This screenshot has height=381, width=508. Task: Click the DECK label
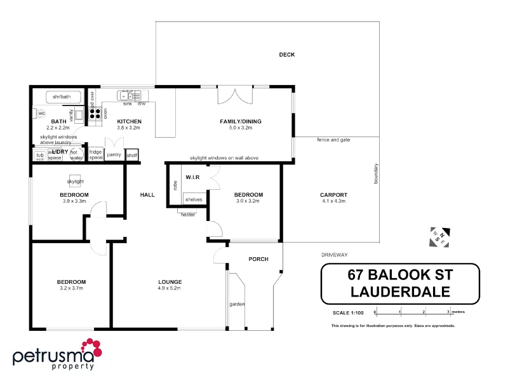click(287, 55)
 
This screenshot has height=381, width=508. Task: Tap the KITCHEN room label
click(129, 121)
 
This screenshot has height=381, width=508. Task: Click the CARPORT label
click(333, 195)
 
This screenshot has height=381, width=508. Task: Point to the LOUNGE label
click(170, 281)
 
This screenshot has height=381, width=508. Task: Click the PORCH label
click(258, 259)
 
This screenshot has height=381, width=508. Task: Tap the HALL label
click(147, 195)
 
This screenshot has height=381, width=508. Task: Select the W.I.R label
click(192, 177)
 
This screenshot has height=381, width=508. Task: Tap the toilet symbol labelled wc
click(40, 114)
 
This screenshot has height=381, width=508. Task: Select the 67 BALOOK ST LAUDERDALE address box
click(399, 284)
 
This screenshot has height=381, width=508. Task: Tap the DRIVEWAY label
click(334, 255)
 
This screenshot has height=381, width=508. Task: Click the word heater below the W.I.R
click(188, 215)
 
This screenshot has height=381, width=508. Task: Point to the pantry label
click(114, 154)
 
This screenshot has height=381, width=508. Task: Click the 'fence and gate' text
click(333, 140)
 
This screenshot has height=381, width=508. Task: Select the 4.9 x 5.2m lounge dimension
click(170, 288)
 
